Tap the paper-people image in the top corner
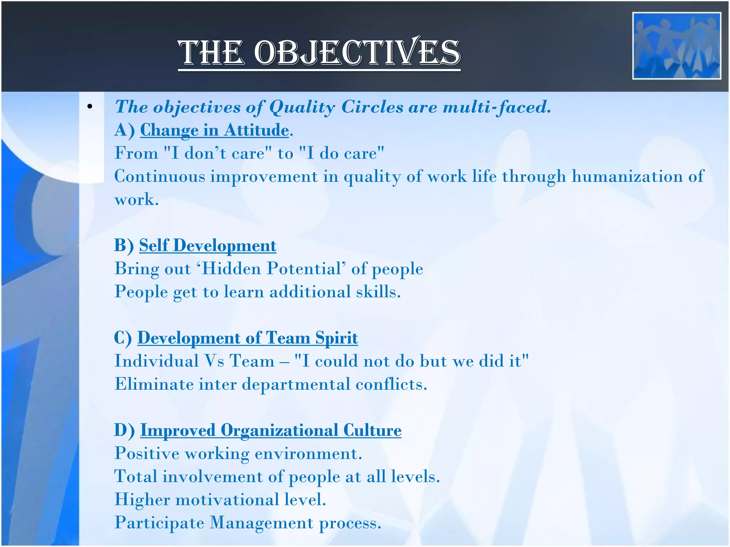676,46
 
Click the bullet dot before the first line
90,106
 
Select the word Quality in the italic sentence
302,107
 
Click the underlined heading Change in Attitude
214,130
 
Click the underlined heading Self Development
207,245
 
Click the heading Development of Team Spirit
247,338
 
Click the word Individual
156,361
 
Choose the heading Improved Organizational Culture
271,430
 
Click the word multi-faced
497,107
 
